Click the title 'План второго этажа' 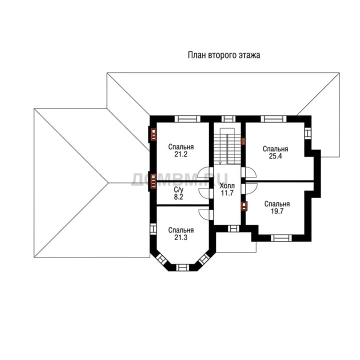tap(224, 55)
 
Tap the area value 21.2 tap(181, 154)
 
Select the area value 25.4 tap(275, 156)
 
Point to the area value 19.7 tap(277, 211)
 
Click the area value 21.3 tap(181, 237)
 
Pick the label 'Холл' tap(227, 185)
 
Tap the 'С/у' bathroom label tap(178, 189)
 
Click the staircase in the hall tap(227, 146)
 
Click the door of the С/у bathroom tap(205, 193)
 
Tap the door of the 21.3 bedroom tap(205, 215)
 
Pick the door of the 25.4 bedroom tap(249, 172)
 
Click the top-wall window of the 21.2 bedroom tap(187, 119)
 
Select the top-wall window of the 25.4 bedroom tap(273, 119)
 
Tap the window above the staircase tap(228, 119)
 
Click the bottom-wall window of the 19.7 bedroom tap(281, 238)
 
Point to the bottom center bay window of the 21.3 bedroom tap(183, 267)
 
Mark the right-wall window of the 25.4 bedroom tap(308, 133)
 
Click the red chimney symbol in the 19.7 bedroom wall tap(244, 206)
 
